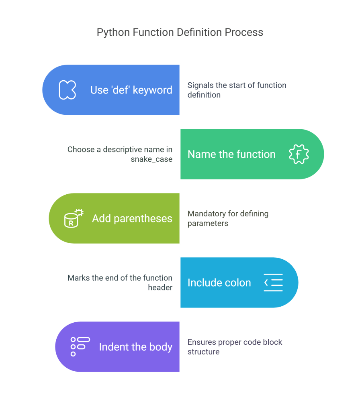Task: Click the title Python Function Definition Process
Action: point(180,32)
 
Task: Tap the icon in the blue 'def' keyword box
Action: point(67,90)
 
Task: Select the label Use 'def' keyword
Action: point(131,90)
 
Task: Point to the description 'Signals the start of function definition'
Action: point(237,90)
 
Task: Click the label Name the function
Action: point(231,154)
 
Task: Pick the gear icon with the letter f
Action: point(299,154)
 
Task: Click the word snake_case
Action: point(151,159)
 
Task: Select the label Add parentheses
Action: point(132,218)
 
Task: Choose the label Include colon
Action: point(219,283)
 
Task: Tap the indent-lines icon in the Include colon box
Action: point(273,283)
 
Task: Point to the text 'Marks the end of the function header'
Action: point(120,283)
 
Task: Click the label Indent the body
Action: point(135,347)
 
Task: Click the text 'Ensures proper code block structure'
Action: point(235,347)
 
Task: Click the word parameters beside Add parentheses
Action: point(207,224)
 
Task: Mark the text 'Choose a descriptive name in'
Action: point(120,150)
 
